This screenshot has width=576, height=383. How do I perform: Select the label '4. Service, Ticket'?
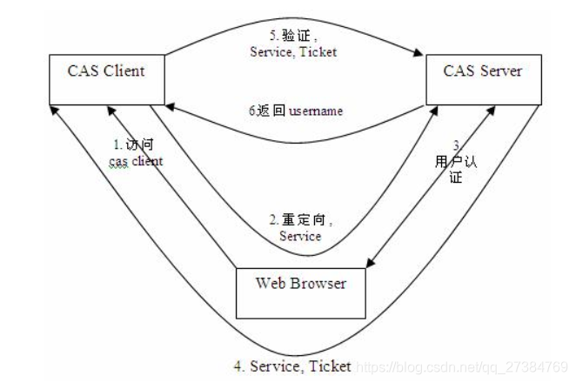click(292, 366)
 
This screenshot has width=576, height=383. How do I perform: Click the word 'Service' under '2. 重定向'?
click(300, 235)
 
